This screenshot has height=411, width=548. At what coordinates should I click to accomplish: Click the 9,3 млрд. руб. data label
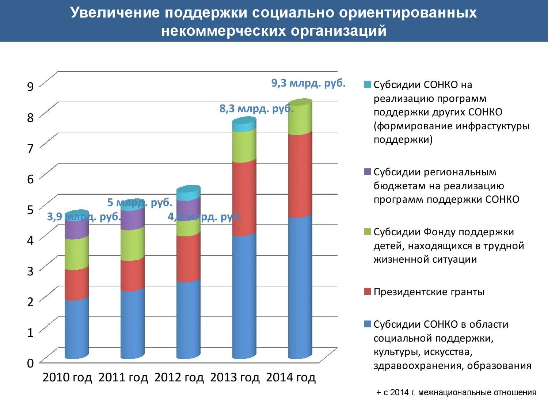[x=308, y=83]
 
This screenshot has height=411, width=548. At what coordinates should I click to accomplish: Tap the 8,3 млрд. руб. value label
[x=256, y=109]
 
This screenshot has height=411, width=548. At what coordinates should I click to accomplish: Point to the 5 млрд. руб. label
[x=140, y=202]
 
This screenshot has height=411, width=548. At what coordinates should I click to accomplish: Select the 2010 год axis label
[x=67, y=377]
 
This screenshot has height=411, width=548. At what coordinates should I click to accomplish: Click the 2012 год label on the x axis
[x=179, y=377]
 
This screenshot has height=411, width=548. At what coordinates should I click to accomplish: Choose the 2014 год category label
[x=291, y=377]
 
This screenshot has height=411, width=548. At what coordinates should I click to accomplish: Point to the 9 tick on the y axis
[x=30, y=86]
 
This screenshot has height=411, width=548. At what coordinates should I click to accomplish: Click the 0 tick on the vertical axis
[x=30, y=363]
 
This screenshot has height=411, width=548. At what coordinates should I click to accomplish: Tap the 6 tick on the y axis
[x=30, y=179]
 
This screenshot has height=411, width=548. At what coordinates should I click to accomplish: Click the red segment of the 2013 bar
[x=244, y=197]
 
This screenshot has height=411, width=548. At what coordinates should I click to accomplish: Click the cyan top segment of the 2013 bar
[x=244, y=125]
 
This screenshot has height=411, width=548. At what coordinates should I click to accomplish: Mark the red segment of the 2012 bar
[x=188, y=258]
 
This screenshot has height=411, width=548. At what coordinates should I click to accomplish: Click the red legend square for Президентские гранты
[x=368, y=292]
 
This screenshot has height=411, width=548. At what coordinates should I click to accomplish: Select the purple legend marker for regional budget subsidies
[x=368, y=172]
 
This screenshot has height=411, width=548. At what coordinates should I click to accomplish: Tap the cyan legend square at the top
[x=368, y=84]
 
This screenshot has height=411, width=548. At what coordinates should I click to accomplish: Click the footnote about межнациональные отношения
[x=456, y=393]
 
